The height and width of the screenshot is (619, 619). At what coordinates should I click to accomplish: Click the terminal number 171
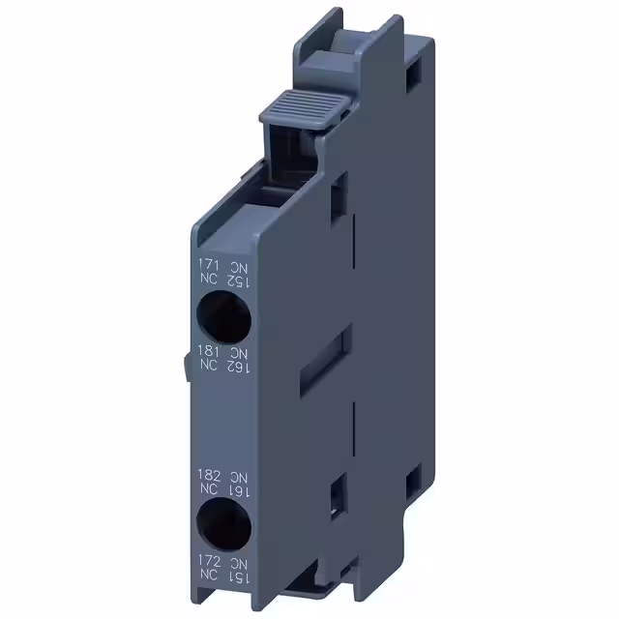click(208, 264)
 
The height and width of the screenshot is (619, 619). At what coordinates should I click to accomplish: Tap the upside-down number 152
click(238, 280)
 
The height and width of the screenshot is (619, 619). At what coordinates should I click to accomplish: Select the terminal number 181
click(208, 350)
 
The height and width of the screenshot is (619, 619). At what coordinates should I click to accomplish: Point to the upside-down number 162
click(238, 367)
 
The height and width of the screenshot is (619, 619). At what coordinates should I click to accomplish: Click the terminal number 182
click(209, 476)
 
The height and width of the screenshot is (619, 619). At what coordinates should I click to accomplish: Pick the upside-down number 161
click(239, 492)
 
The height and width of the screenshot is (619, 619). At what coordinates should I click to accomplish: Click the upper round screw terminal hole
click(222, 315)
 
